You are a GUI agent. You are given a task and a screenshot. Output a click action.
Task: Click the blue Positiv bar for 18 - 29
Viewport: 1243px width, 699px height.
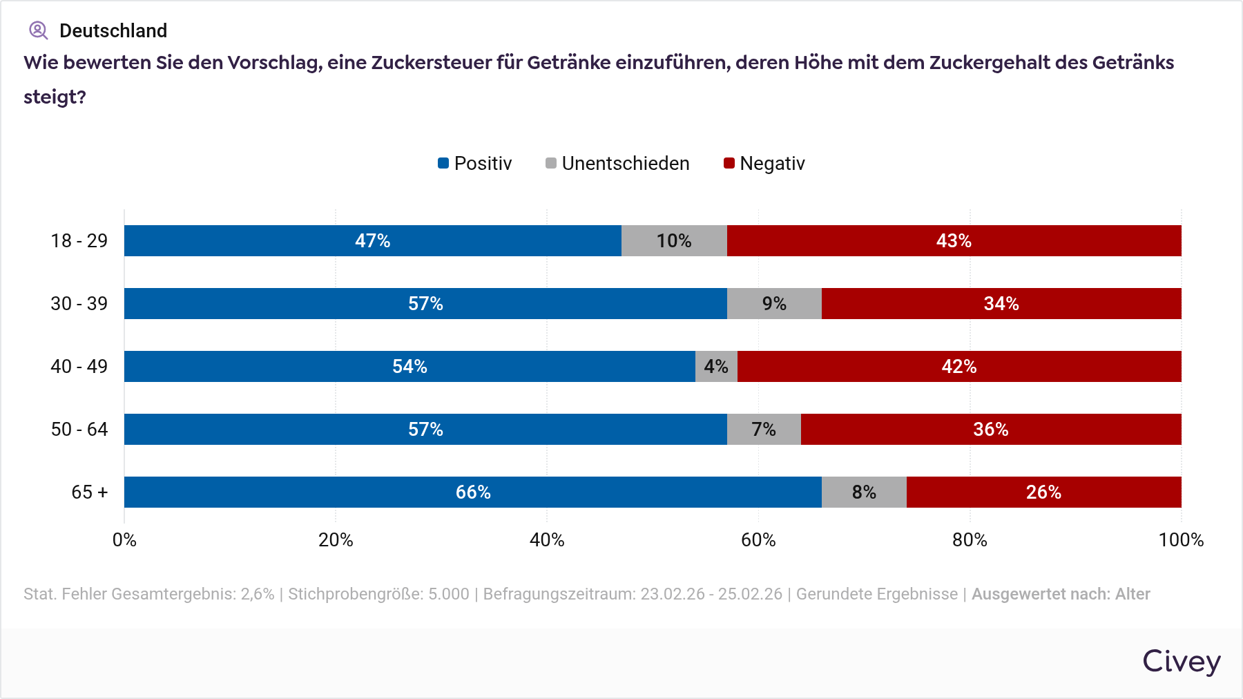coord(373,240)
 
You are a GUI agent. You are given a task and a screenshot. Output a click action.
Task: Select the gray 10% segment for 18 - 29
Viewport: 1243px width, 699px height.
coord(674,240)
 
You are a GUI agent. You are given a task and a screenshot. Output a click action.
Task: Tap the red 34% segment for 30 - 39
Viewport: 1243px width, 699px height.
coord(1001,303)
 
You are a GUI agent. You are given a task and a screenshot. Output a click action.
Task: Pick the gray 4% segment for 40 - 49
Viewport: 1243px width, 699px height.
coord(716,366)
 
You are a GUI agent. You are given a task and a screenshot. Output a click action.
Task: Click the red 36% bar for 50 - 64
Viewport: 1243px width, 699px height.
coord(991,429)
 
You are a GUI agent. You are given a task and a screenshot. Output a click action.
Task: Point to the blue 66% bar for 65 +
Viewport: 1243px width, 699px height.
coord(473,492)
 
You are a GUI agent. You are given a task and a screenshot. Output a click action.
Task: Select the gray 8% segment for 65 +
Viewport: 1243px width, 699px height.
coord(864,492)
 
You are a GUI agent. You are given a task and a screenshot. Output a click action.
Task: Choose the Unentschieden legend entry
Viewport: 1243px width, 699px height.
coord(617,164)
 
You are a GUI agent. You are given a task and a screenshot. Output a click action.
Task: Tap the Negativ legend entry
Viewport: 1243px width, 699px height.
coord(764,164)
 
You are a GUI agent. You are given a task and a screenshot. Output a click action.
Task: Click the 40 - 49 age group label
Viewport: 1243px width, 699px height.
coord(79,366)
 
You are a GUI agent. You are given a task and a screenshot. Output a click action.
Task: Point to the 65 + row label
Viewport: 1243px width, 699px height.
coord(90,492)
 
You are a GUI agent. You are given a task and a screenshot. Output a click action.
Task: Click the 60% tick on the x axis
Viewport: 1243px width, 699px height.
coord(758,540)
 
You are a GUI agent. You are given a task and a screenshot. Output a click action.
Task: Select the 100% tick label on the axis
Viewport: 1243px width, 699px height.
coord(1181,540)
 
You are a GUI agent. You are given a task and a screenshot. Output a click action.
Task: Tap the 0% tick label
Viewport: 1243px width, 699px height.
coord(124,540)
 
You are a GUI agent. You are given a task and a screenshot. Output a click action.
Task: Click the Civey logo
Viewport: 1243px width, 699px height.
coord(1181,661)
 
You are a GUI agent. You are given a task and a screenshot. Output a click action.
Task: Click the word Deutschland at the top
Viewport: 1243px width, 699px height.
coord(113,30)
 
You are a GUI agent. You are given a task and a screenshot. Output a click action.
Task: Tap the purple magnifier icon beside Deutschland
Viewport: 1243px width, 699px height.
coord(38,30)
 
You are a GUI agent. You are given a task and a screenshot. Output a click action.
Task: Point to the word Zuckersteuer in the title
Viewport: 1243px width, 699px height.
coord(432,63)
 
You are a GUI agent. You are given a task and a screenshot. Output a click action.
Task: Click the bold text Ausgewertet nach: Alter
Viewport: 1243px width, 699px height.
coord(1061,594)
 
